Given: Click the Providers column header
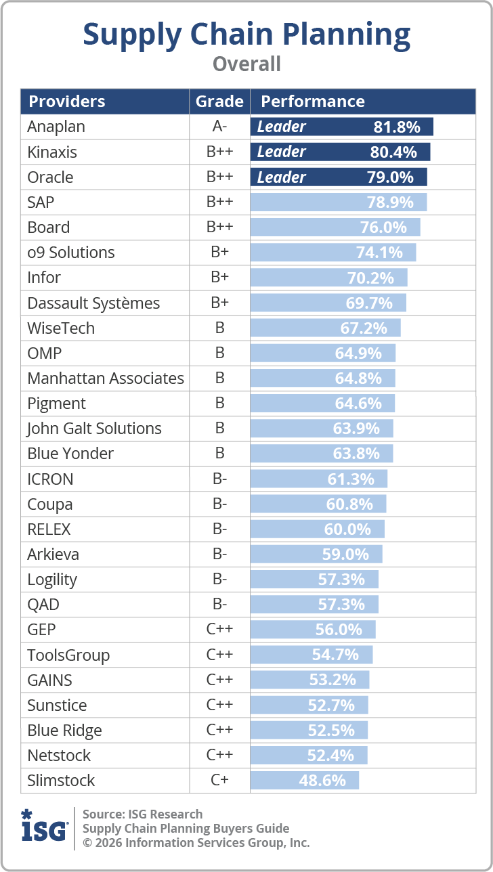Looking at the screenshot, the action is click(x=67, y=102).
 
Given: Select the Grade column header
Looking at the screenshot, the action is click(x=219, y=102).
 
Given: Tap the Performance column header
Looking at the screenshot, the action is click(x=313, y=102).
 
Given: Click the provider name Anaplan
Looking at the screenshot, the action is click(x=56, y=127).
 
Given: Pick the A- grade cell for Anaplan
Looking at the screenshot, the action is click(x=219, y=126).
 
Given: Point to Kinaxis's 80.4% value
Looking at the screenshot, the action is click(x=393, y=152).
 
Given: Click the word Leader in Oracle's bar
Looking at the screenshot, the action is click(x=282, y=177).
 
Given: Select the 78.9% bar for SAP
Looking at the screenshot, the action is click(x=339, y=202).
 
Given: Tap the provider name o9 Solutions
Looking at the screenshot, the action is click(x=71, y=253).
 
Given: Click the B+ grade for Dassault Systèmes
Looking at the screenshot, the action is click(x=219, y=303).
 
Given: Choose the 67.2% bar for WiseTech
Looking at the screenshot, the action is click(x=326, y=328).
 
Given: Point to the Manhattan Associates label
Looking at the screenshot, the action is click(x=106, y=378).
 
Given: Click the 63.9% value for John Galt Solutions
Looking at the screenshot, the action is click(x=356, y=428).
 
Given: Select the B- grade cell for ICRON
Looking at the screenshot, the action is click(x=219, y=479).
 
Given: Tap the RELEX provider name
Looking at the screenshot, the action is click(x=49, y=529).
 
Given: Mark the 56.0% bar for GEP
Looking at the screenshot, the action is click(x=313, y=630).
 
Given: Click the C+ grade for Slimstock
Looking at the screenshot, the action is click(x=219, y=780).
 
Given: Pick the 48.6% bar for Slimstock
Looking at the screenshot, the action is click(x=305, y=781).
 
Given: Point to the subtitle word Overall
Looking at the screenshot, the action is click(x=246, y=64).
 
